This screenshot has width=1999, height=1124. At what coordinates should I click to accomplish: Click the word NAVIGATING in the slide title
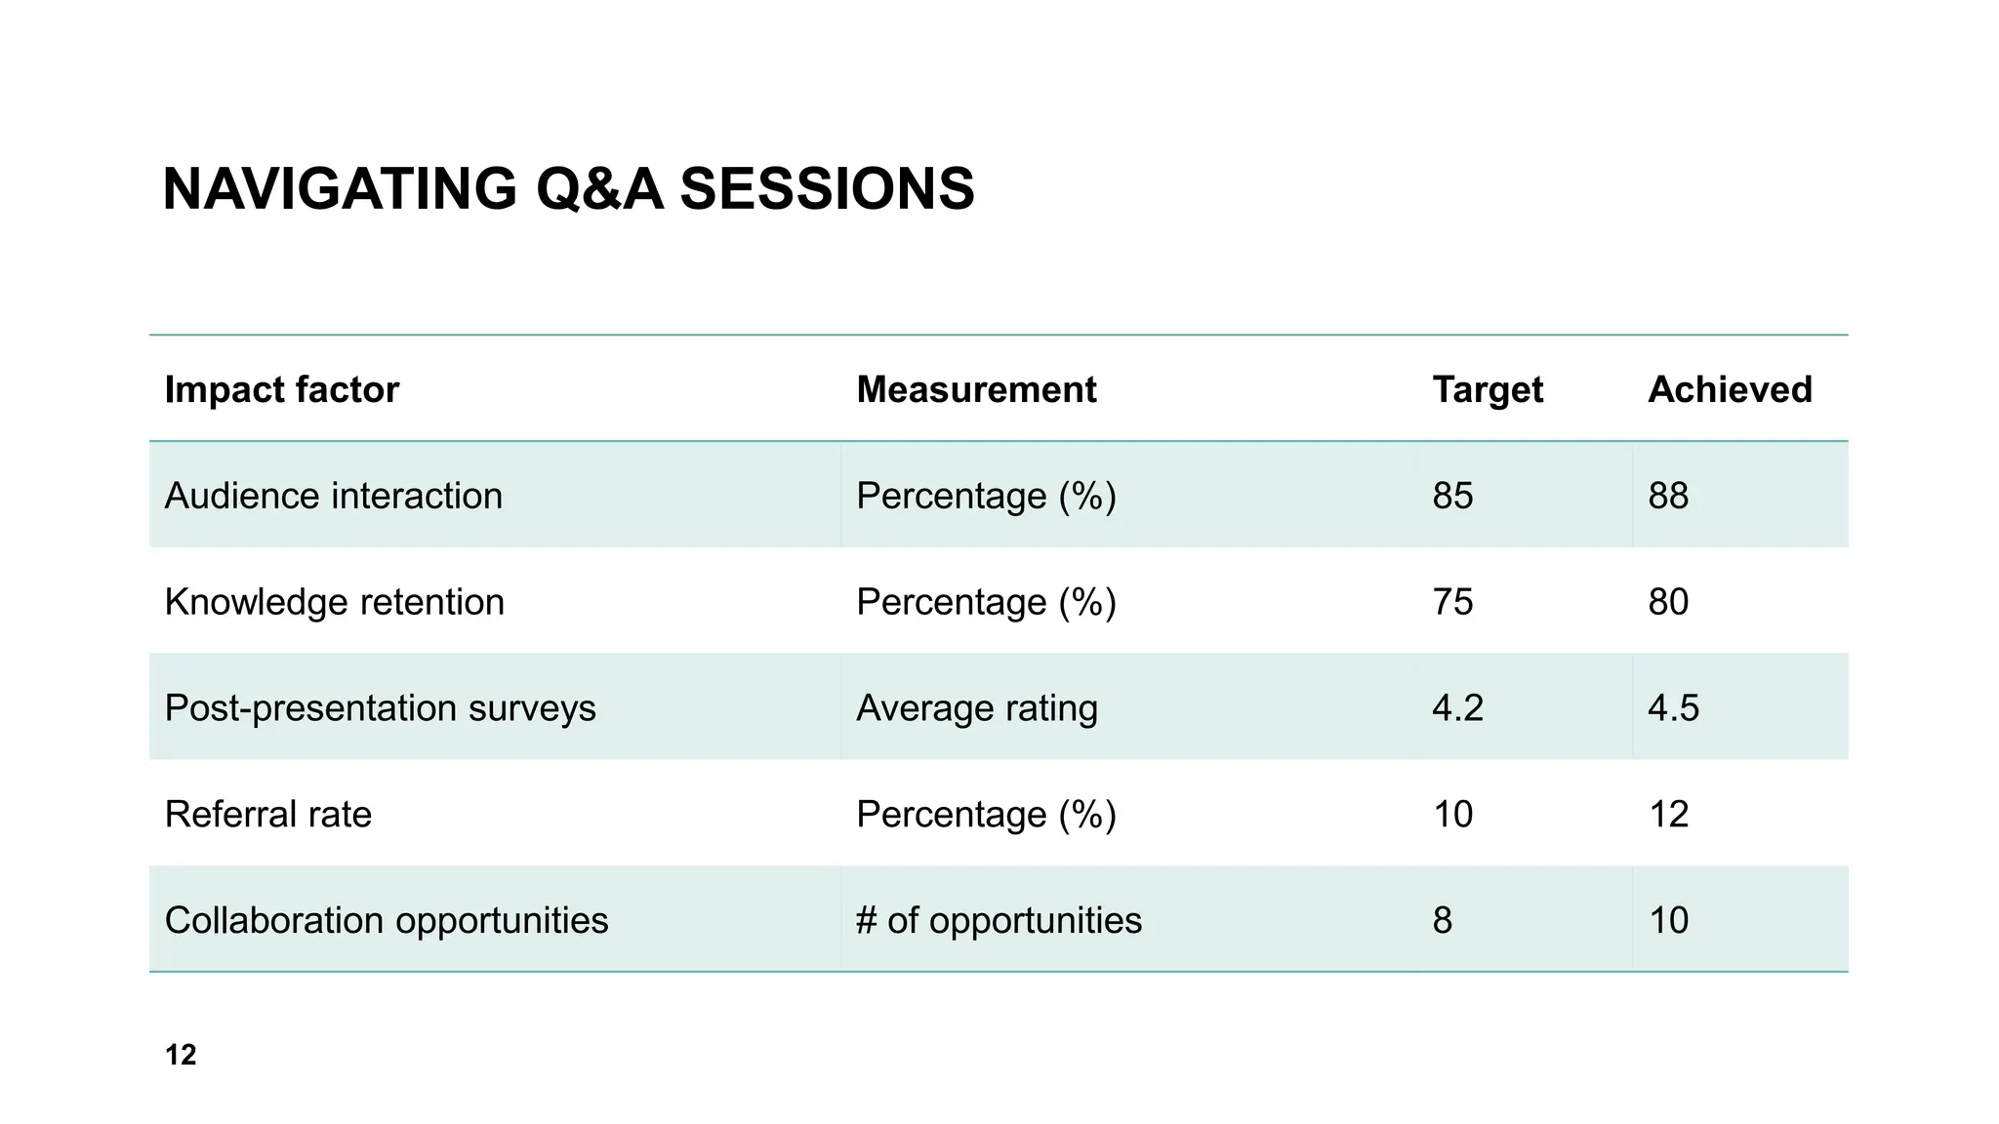point(339,188)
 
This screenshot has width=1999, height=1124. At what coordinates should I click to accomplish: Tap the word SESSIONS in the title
point(827,188)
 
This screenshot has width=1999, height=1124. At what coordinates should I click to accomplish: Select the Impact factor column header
point(281,390)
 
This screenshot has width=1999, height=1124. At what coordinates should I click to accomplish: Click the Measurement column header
point(976,390)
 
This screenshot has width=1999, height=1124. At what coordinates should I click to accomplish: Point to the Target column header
point(1487,390)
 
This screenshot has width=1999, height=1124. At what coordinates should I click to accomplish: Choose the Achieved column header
point(1729,390)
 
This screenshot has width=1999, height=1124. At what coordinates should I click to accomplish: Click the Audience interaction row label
point(333,496)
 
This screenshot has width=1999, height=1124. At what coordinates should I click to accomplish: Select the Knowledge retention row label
point(334,602)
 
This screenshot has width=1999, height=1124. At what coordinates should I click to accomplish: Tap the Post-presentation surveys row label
point(380,708)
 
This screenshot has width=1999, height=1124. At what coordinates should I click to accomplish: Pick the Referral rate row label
point(267,815)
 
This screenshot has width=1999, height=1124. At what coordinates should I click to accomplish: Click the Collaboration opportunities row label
point(386,920)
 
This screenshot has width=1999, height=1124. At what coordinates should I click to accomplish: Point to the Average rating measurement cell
point(976,708)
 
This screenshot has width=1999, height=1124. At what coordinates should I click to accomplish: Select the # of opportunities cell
point(999,920)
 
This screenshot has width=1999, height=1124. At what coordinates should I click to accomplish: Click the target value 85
point(1452,496)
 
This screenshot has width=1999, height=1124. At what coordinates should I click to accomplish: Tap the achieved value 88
point(1668,496)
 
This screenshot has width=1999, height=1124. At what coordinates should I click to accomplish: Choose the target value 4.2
point(1457,708)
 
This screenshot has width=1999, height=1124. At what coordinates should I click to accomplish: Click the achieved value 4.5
point(1673,708)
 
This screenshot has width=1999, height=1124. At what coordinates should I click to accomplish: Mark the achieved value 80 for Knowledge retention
point(1668,602)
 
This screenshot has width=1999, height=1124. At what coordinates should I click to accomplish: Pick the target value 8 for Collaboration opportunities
point(1442,920)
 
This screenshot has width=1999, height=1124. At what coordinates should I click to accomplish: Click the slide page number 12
point(181,1055)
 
